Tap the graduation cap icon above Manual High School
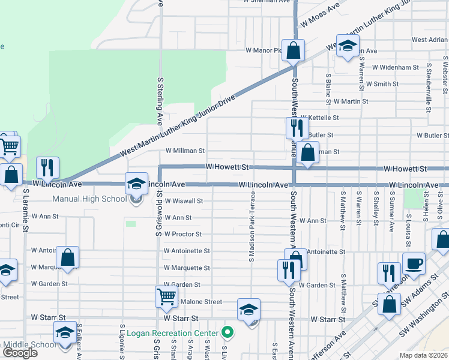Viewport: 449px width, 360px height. (137, 184)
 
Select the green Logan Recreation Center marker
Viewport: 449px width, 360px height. (228, 332)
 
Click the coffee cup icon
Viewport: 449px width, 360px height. (413, 263)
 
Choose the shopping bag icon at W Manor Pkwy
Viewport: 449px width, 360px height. (294, 50)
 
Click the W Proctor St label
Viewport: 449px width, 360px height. (183, 234)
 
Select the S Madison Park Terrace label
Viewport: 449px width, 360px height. (253, 227)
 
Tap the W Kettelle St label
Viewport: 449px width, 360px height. (320, 118)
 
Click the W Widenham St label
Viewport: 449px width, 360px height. (394, 68)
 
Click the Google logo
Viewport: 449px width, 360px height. (20, 352)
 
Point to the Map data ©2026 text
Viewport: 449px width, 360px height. (424, 355)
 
